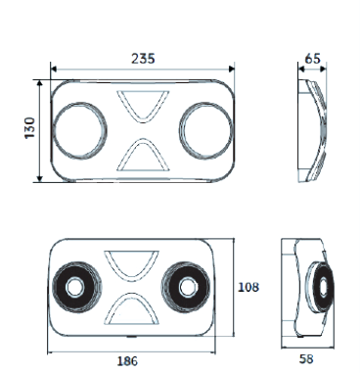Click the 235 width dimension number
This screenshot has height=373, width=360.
point(143,59)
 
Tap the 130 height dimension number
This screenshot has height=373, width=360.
point(30,127)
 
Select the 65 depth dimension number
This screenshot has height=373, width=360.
point(313,59)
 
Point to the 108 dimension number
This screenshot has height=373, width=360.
point(248,287)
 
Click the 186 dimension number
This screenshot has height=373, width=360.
point(127,361)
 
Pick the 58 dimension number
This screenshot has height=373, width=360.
point(306,359)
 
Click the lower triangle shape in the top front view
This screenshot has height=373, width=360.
point(125,156)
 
